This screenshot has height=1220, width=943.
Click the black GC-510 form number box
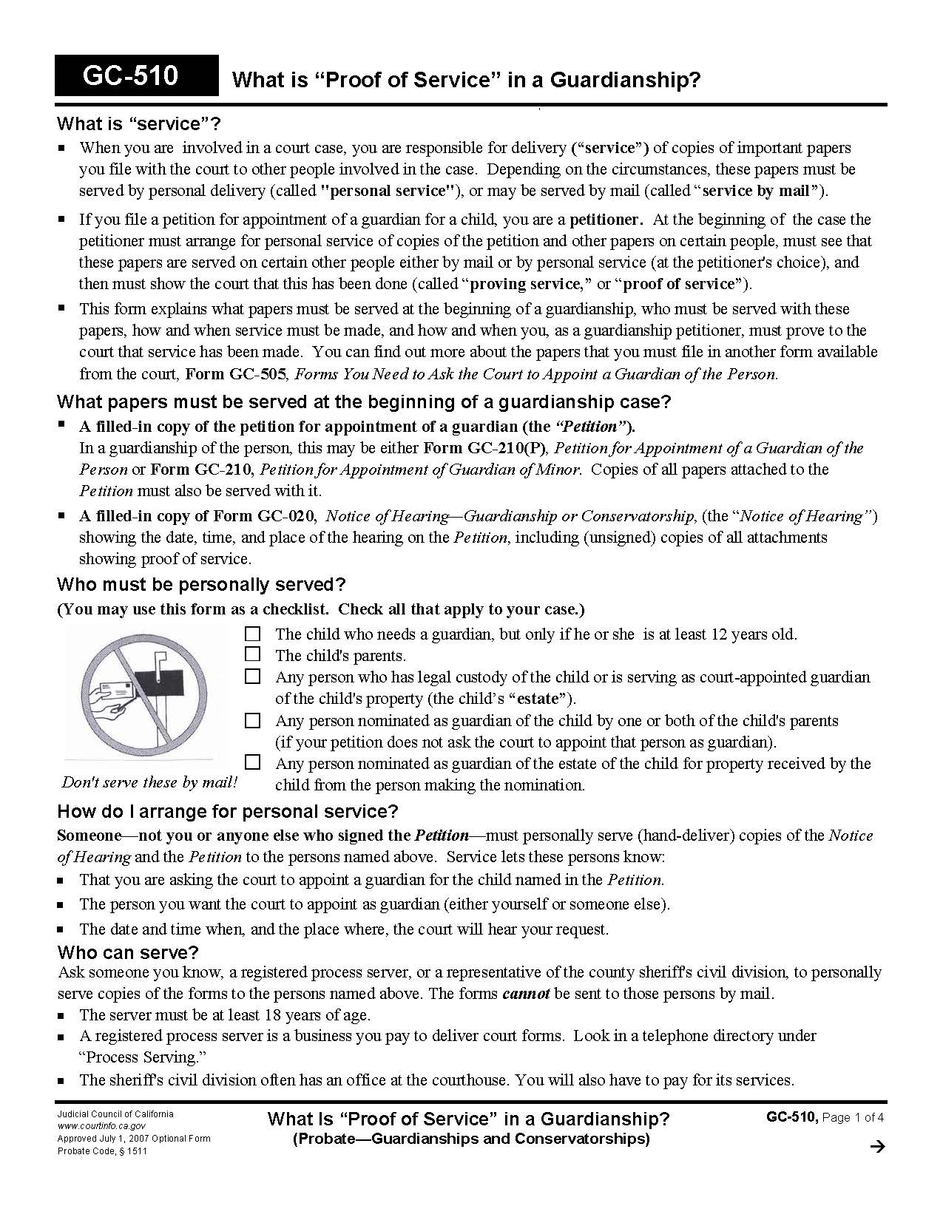(137, 75)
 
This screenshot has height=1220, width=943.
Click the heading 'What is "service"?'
(139, 123)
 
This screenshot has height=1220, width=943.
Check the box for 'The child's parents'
(253, 654)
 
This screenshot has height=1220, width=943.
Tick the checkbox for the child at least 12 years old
(253, 634)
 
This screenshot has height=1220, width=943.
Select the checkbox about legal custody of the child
(253, 676)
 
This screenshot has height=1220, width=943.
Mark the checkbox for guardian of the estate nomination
(253, 762)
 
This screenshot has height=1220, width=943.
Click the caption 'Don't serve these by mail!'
(149, 782)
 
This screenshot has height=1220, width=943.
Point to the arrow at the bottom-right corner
(877, 1147)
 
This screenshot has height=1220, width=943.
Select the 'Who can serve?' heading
(128, 952)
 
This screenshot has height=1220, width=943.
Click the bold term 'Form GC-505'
(235, 374)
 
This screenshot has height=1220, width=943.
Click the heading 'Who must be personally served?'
(201, 585)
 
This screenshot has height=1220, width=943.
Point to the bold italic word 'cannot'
(525, 994)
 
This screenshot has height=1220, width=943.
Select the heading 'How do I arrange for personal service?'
(228, 811)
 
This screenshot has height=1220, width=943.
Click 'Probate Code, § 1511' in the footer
(102, 1151)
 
